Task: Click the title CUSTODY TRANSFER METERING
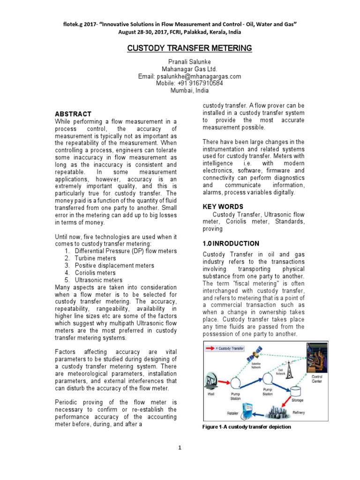[x=190, y=48]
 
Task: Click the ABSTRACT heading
[x=73, y=114]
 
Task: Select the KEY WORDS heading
[x=223, y=207]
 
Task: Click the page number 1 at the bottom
[x=180, y=448]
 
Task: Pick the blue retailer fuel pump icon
[x=247, y=412]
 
